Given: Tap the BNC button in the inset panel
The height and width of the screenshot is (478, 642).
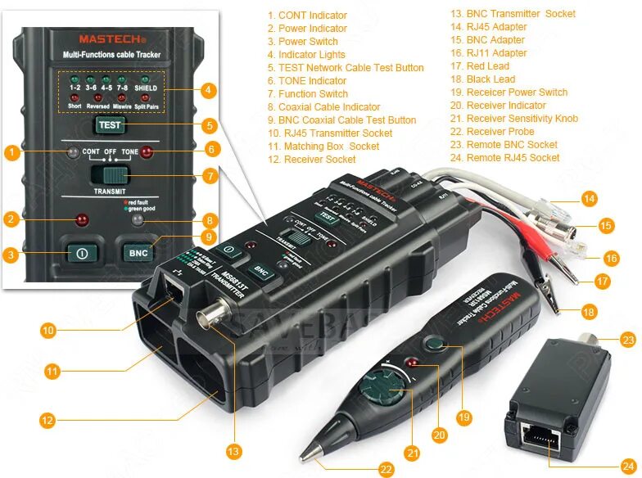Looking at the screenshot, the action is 138,252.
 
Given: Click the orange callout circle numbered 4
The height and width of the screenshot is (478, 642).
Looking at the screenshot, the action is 209,89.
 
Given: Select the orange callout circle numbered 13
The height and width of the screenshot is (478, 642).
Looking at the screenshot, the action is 234,450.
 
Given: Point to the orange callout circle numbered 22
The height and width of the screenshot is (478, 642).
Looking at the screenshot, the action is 386,469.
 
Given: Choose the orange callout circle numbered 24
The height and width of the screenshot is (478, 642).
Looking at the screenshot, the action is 628,464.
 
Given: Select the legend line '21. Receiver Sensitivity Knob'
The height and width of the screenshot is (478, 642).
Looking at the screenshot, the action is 522,119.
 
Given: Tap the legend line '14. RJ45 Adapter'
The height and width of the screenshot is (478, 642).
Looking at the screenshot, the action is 497,27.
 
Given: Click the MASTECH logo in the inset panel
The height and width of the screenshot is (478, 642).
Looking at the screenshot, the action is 112,38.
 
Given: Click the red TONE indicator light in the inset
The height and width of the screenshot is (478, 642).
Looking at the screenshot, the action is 147,152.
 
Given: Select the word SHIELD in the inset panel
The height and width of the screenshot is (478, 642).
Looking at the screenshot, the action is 146,87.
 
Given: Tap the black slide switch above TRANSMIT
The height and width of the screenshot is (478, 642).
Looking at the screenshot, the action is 110,174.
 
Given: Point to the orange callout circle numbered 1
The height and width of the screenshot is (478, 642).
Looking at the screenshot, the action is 11,152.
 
